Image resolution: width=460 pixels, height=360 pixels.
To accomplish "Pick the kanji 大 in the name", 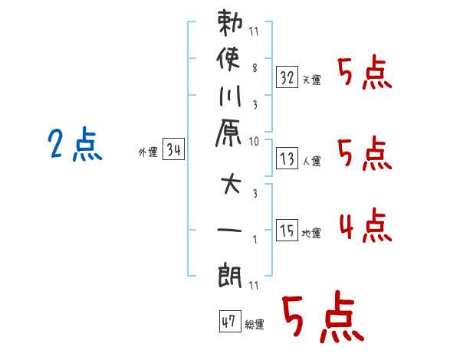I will pos(231,186).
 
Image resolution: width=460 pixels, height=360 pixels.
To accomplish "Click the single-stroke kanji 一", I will pos(231,230).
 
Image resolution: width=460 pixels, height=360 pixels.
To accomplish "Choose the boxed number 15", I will pos(287,231).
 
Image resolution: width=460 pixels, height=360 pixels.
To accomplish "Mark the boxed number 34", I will pos(173,150).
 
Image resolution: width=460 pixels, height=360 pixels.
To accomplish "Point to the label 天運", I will pos(312,80).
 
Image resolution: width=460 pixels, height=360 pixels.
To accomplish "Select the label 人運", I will pos(312,161).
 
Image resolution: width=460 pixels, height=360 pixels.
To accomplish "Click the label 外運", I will pos(147,152).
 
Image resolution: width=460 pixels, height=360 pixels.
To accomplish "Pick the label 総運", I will pos(255,325).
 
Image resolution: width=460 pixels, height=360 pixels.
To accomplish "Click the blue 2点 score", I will pos(74,146).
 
